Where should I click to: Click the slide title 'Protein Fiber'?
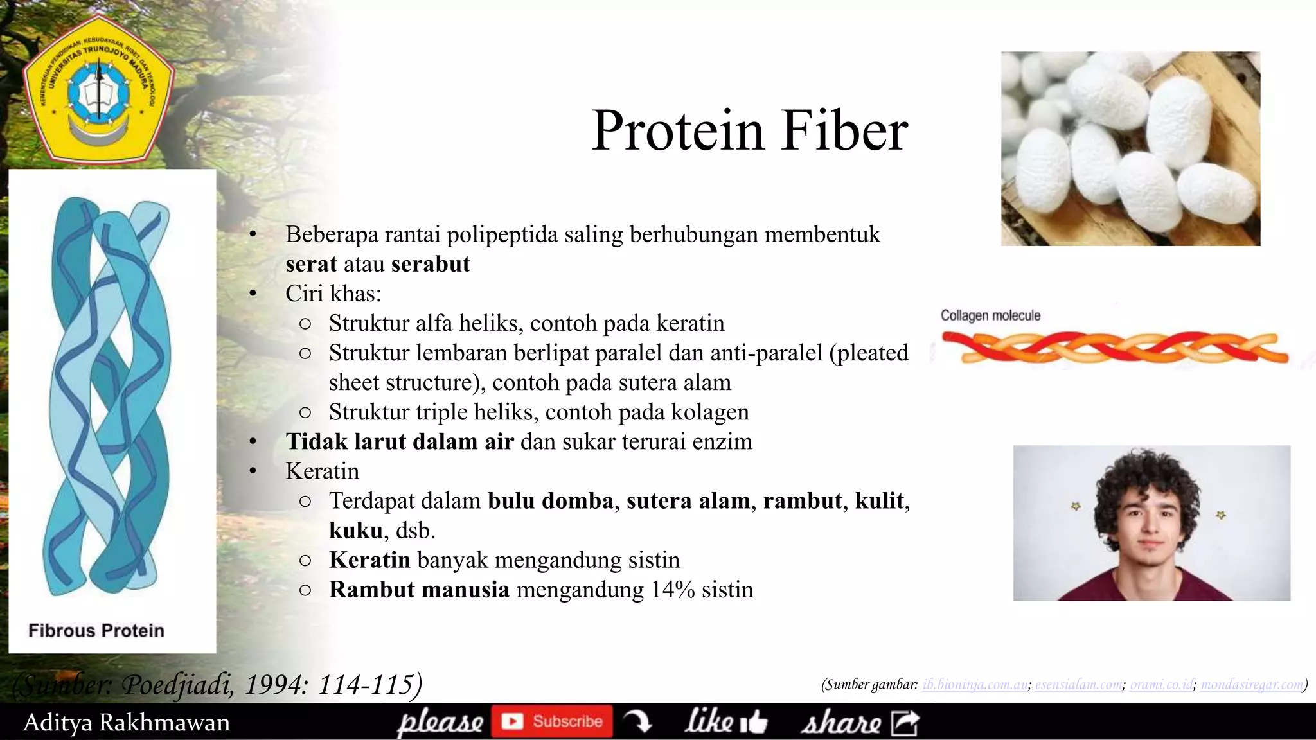[x=749, y=130]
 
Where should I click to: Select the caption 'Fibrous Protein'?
[x=96, y=631]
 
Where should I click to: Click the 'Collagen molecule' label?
[x=990, y=315]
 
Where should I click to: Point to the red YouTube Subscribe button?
[x=552, y=721]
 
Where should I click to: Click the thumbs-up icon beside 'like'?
[x=754, y=722]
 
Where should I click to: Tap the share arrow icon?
[x=905, y=723]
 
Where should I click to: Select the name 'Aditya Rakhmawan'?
[x=127, y=723]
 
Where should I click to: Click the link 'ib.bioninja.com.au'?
[x=975, y=685]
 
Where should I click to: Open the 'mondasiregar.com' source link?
[x=1252, y=685]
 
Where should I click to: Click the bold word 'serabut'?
[x=431, y=264]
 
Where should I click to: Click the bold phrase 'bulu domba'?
[x=551, y=501]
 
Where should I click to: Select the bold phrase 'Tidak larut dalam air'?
[x=400, y=442]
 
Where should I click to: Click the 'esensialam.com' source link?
[x=1079, y=685]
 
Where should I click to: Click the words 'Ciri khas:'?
[x=333, y=294]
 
